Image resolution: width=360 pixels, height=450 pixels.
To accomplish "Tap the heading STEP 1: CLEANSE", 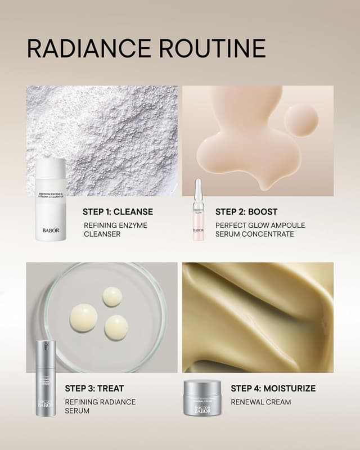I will [118, 212].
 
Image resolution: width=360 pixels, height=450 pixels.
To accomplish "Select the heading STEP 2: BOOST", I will [246, 212].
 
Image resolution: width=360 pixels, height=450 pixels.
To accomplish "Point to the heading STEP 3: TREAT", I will [94, 388].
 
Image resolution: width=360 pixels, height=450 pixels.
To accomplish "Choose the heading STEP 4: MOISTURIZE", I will [273, 388].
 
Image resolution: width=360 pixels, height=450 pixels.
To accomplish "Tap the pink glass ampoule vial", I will [198, 211].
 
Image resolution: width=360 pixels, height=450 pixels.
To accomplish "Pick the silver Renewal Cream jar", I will [202, 398].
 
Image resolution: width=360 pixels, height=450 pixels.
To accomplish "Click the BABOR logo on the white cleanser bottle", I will [51, 229].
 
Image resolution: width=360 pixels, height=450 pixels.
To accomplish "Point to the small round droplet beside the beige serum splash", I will [301, 120].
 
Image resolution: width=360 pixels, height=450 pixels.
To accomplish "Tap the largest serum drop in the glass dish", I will [83, 318].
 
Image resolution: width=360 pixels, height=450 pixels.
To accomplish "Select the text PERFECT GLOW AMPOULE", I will [260, 226].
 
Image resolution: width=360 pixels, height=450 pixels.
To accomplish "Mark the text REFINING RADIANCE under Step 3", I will [100, 402].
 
